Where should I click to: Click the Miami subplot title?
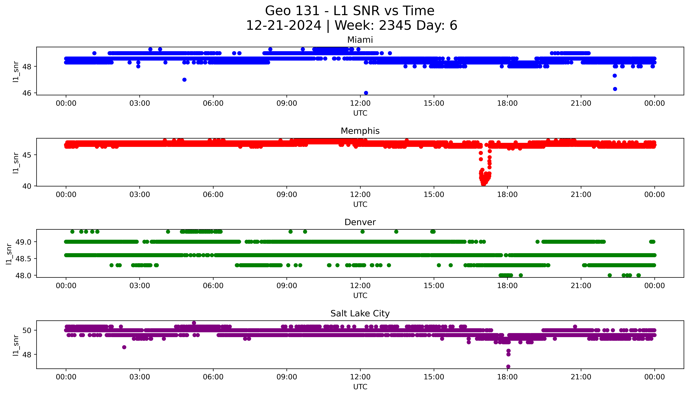[x=360, y=40]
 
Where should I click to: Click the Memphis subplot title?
[x=360, y=131]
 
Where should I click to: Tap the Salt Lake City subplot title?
[x=360, y=314]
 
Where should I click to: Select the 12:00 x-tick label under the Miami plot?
[x=360, y=103]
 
